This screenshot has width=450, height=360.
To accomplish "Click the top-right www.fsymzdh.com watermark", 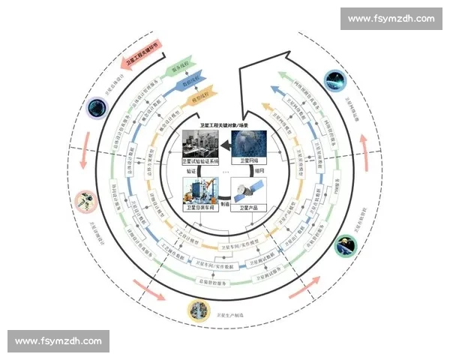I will pos(391,18).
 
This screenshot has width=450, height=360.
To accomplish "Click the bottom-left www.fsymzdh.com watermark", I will pos(59,341).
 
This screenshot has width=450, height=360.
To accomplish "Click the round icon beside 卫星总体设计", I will pos(96,108).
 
